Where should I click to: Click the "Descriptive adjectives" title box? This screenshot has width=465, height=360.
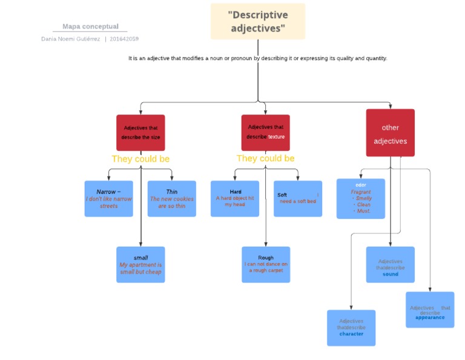[258, 21]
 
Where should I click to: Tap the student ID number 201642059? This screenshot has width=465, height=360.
[124, 39]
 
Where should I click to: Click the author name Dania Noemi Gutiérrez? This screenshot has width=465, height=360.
[70, 39]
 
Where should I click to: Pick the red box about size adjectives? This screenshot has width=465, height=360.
[140, 133]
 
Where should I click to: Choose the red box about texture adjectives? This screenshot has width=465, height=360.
[265, 132]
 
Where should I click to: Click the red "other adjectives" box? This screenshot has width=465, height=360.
[391, 133]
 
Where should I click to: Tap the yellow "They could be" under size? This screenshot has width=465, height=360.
[140, 159]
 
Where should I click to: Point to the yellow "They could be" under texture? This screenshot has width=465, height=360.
[265, 158]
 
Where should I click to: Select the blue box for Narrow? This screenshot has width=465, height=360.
[109, 199]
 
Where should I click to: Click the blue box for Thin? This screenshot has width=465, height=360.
[172, 199]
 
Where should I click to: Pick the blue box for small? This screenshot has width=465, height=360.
[140, 265]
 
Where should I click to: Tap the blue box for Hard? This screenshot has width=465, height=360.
[235, 199]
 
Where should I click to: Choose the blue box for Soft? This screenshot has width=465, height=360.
[297, 199]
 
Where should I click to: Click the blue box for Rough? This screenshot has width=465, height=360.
[266, 265]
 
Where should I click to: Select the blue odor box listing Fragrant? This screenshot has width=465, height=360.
[361, 199]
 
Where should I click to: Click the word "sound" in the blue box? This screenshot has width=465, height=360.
[391, 274]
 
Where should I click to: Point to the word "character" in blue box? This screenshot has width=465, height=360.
[351, 334]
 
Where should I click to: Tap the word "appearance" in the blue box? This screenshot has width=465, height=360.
[430, 318]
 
